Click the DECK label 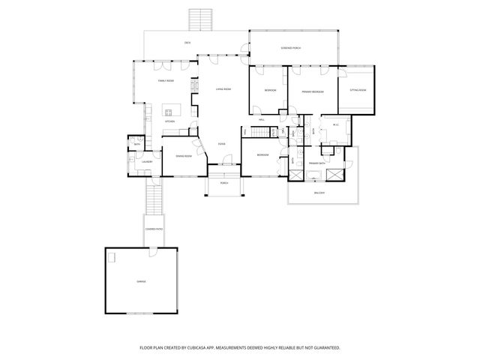187,43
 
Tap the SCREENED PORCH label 292,48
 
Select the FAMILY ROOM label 166,80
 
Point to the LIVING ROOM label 223,89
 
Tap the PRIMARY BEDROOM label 313,91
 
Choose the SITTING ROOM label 358,90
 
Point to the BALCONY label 319,193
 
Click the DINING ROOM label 183,156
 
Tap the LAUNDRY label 147,161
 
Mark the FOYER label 222,143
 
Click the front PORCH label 223,183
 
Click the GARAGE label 141,281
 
